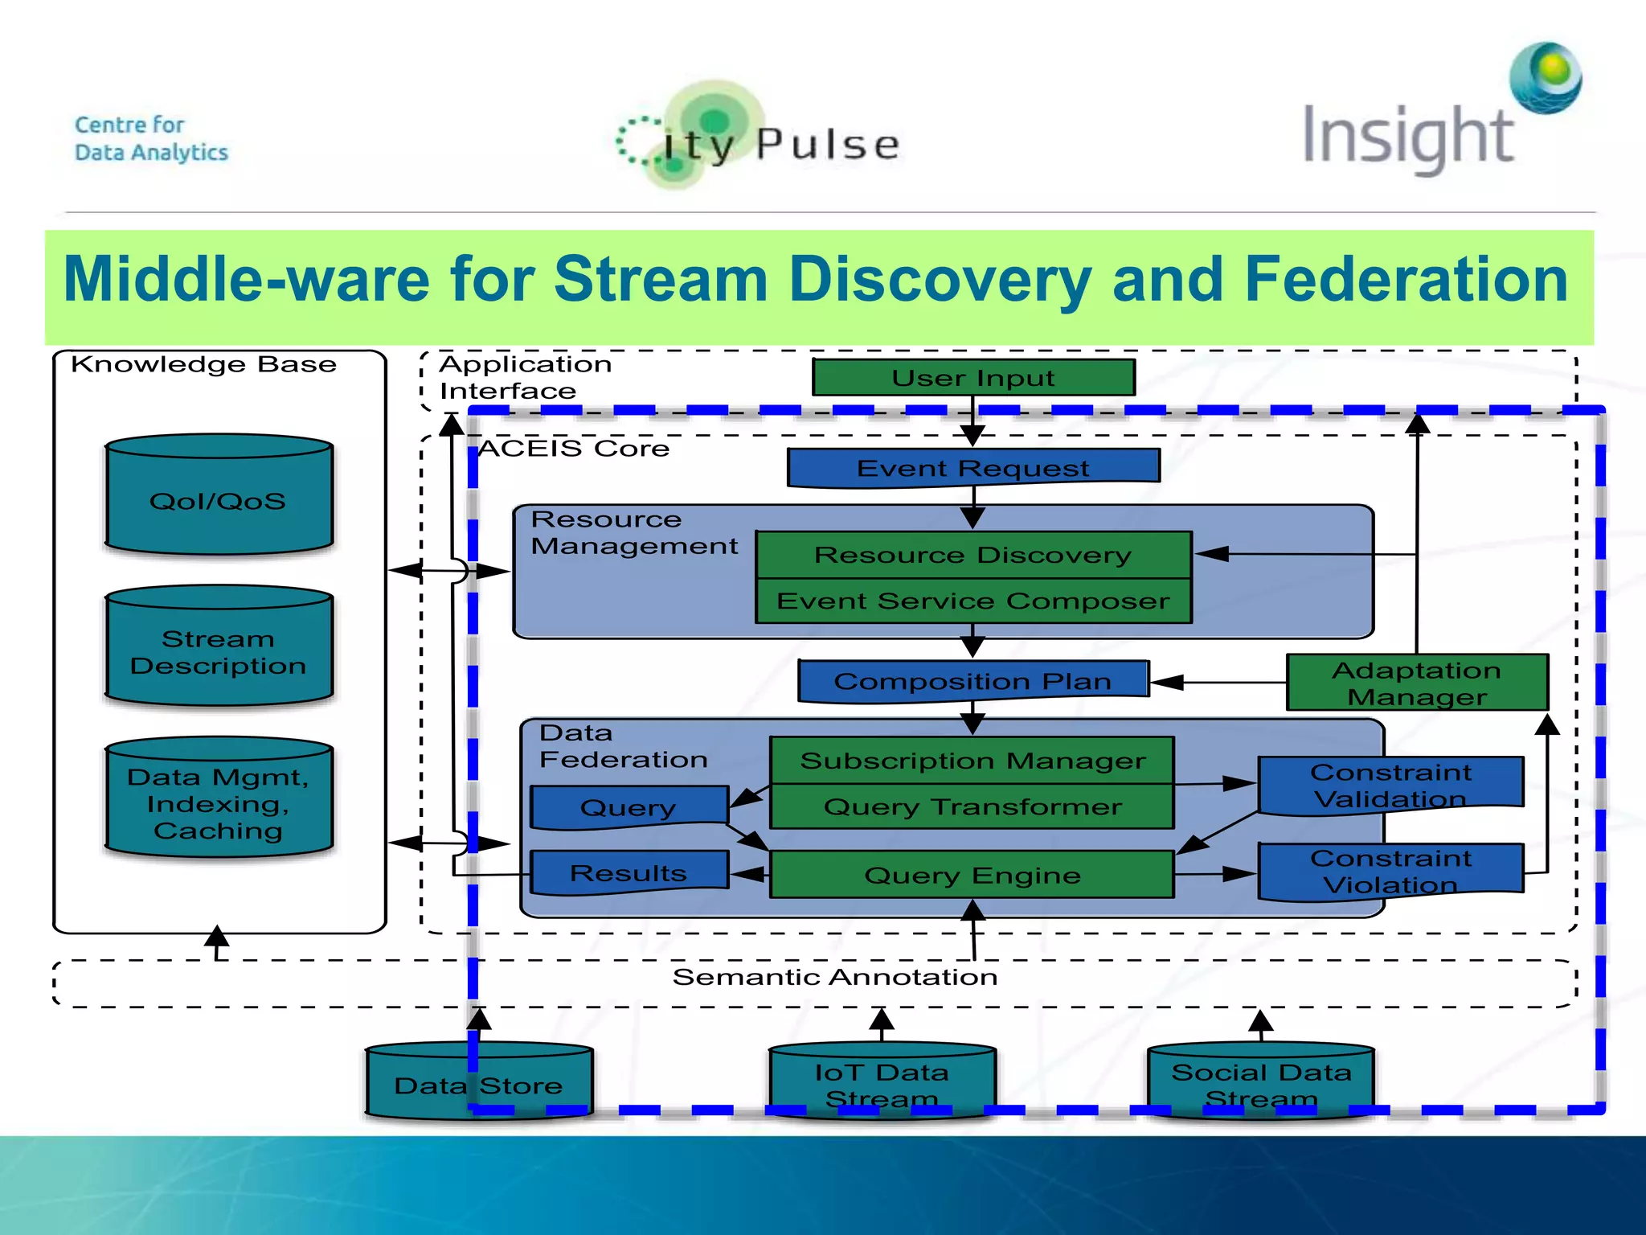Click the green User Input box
[973, 378]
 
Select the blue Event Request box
[973, 468]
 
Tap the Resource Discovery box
[973, 555]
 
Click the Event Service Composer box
[973, 601]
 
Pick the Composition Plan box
[973, 681]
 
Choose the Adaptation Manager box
[1417, 683]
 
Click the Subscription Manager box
[972, 761]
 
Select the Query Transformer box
[972, 806]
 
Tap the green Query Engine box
[972, 875]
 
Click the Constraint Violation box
[1390, 872]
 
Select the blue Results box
[629, 873]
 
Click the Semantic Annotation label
[835, 977]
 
